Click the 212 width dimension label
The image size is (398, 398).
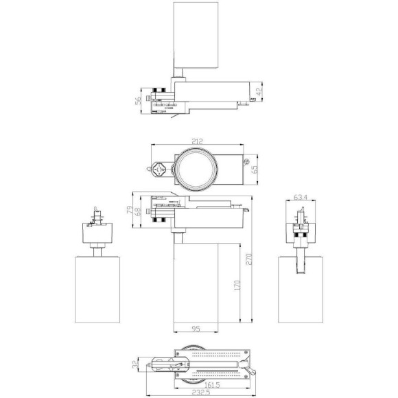(x=197, y=142)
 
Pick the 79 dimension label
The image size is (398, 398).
(x=128, y=209)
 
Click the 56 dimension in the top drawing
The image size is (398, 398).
(x=138, y=100)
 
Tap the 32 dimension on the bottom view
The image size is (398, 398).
(x=134, y=365)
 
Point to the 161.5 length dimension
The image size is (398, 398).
(x=200, y=386)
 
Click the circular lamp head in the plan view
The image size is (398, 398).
(x=197, y=167)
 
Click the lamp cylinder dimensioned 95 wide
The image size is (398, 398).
(x=195, y=285)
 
